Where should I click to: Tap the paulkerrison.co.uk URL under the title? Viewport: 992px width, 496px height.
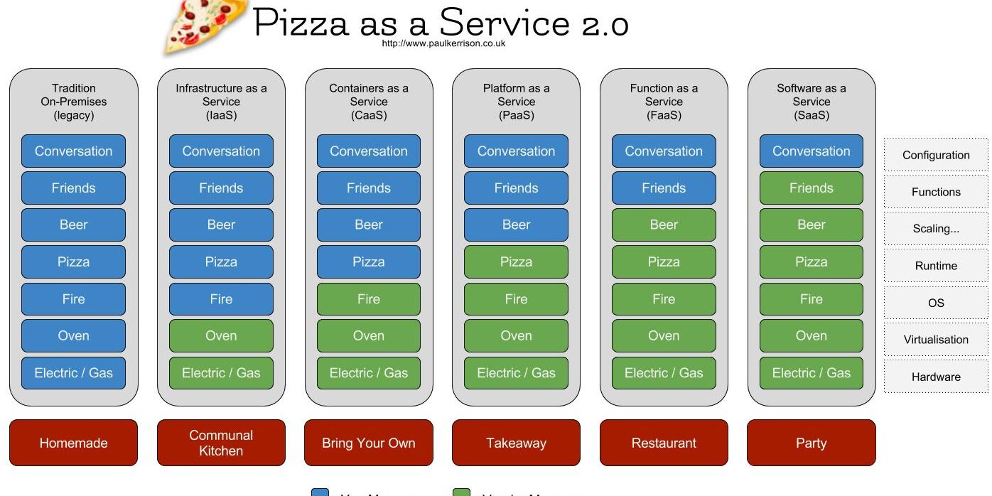[x=443, y=43]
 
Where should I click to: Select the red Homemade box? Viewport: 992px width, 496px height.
[x=73, y=443]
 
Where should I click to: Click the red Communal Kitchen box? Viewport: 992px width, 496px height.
[x=221, y=443]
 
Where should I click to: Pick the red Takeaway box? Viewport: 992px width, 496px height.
[x=516, y=443]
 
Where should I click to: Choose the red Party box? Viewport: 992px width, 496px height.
[x=811, y=443]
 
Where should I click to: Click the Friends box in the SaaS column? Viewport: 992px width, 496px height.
[x=811, y=188]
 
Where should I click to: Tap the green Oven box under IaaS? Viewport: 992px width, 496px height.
[x=221, y=336]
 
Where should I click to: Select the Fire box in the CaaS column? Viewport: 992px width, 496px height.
[x=369, y=299]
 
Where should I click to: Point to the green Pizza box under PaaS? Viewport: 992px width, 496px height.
[x=516, y=262]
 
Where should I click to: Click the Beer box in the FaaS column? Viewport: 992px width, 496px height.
[x=664, y=225]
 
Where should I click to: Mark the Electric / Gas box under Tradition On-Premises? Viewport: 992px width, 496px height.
[x=73, y=373]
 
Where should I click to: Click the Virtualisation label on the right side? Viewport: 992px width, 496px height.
[x=936, y=340]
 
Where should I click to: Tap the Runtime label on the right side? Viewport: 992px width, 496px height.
[x=936, y=266]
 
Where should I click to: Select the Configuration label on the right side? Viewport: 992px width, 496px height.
[x=936, y=155]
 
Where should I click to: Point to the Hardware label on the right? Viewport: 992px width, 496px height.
[x=936, y=377]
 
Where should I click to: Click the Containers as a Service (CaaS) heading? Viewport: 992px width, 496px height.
[x=369, y=102]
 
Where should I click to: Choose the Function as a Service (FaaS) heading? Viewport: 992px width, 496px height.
[x=664, y=102]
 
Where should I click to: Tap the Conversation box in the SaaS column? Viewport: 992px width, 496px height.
[x=811, y=151]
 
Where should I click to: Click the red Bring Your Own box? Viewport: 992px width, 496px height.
[x=369, y=443]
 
